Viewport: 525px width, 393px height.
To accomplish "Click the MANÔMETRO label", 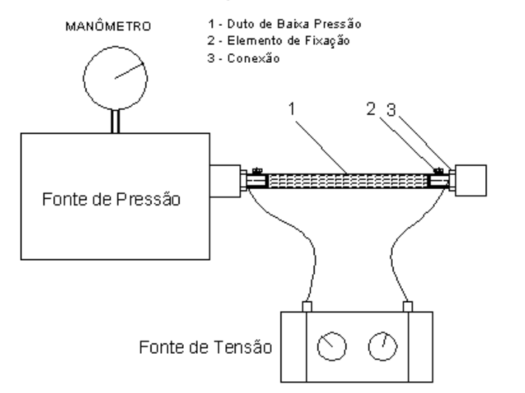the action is click(108, 26).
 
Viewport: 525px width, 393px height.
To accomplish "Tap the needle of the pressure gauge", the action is click(129, 70).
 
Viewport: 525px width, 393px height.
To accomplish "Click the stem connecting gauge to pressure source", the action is click(115, 121).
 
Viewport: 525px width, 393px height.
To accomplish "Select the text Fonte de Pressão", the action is click(111, 199).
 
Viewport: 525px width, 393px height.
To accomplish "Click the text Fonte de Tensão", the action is click(205, 347).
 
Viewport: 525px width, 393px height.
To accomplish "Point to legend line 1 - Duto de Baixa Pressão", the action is click(284, 24).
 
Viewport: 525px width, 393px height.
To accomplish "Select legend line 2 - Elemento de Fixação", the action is click(278, 41).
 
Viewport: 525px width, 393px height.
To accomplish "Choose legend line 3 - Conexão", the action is click(244, 58).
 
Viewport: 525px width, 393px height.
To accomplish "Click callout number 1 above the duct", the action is click(292, 109).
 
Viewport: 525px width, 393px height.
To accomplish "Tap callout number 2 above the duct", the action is click(371, 109).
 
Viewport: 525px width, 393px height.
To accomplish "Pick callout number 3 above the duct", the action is click(391, 109).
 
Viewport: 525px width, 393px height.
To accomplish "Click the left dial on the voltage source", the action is click(332, 346).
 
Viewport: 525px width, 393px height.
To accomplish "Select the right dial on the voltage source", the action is click(382, 346).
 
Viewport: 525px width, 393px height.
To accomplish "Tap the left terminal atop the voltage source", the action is click(307, 307).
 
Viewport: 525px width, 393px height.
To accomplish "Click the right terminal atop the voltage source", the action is click(408, 307).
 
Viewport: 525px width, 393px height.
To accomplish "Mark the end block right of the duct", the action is click(470, 180).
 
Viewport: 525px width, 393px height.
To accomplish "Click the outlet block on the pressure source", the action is click(225, 181).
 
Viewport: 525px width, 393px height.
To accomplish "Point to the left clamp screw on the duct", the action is click(257, 171).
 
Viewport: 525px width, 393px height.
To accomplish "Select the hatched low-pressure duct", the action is click(348, 181).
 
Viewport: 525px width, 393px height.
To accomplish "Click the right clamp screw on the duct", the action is click(439, 171).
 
